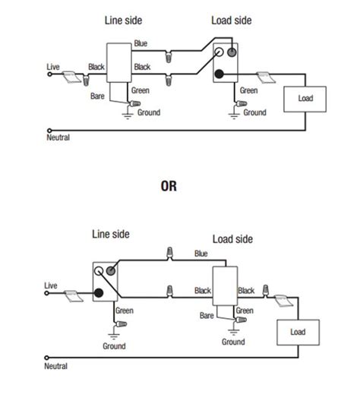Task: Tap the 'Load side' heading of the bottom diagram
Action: pyautogui.click(x=233, y=241)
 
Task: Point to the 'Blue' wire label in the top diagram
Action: pyautogui.click(x=141, y=44)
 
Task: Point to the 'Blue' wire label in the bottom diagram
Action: pyautogui.click(x=201, y=254)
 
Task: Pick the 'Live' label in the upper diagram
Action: pyautogui.click(x=53, y=67)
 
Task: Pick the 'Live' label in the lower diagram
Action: pyautogui.click(x=51, y=285)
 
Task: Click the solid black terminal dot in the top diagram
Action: pyautogui.click(x=219, y=74)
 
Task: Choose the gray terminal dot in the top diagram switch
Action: pyautogui.click(x=232, y=53)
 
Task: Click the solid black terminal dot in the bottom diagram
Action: pyautogui.click(x=99, y=292)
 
